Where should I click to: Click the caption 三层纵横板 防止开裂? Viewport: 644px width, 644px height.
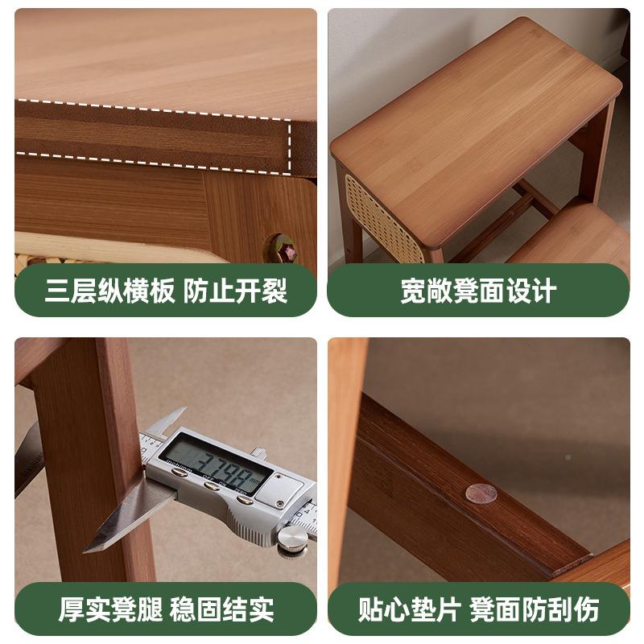point(165,291)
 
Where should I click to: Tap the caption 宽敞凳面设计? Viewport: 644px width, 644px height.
point(478,291)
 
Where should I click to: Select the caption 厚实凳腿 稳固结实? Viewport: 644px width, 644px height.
point(165,609)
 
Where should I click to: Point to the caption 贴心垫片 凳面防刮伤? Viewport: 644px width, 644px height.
point(478,609)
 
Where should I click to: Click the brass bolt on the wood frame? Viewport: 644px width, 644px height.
point(283,247)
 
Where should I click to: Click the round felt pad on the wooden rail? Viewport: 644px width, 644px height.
point(481,493)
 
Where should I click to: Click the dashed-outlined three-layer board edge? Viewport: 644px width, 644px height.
point(153,135)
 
